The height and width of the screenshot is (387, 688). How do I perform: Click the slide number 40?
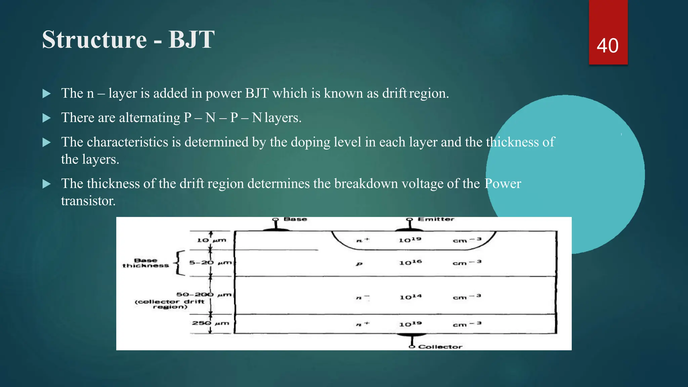click(607, 46)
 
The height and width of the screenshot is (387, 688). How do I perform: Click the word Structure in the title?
click(94, 40)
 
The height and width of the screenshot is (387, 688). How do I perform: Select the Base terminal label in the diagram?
click(295, 219)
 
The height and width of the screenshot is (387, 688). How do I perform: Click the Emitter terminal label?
click(436, 219)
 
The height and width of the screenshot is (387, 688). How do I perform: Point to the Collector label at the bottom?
click(440, 347)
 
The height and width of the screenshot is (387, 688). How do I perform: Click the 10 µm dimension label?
click(211, 240)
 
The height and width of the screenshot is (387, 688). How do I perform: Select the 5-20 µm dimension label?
click(210, 262)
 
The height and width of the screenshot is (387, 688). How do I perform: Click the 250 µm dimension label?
click(210, 323)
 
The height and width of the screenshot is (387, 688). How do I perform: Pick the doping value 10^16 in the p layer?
click(410, 262)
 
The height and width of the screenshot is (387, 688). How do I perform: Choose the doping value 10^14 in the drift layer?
click(410, 297)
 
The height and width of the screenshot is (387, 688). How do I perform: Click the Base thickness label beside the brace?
click(145, 263)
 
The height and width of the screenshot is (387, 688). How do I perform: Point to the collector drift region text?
click(170, 304)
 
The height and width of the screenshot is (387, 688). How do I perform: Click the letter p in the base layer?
click(359, 264)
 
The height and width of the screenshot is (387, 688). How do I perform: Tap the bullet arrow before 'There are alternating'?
click(47, 118)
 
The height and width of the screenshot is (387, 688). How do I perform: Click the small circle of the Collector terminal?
click(412, 347)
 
